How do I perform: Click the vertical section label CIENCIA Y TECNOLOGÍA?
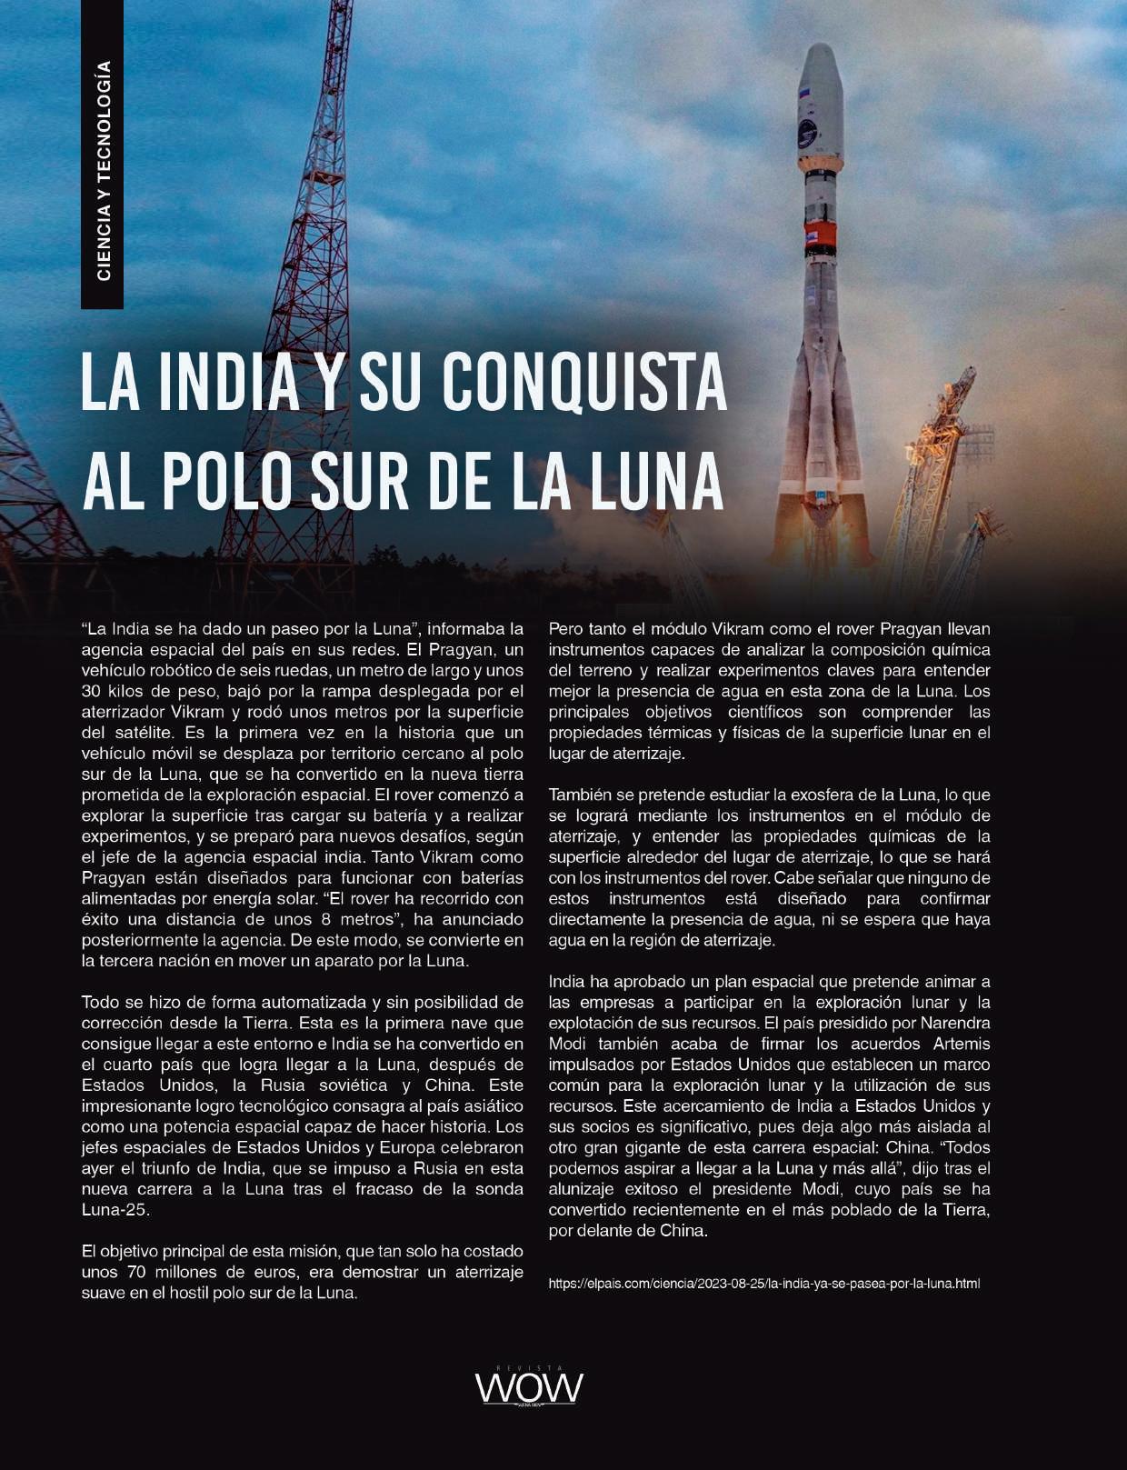click(103, 171)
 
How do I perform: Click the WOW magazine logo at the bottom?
click(528, 1386)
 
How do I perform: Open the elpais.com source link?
click(763, 1284)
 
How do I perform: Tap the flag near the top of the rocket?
click(803, 94)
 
